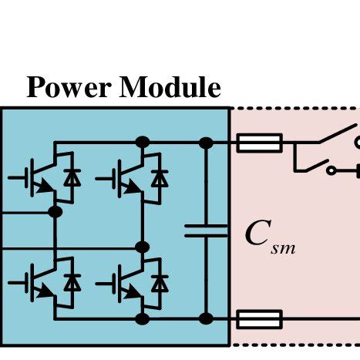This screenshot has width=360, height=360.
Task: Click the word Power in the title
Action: pyautogui.click(x=68, y=87)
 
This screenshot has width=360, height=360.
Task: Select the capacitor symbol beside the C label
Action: pyautogui.click(x=206, y=230)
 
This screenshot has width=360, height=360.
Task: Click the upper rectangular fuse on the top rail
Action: pyautogui.click(x=259, y=143)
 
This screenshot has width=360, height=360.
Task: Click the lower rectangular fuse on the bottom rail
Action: pyautogui.click(x=259, y=319)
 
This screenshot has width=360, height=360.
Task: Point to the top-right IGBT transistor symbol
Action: pyautogui.click(x=124, y=178)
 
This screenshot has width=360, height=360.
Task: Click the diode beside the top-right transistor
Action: pyautogui.click(x=160, y=178)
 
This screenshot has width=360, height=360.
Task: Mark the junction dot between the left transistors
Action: pyautogui.click(x=55, y=211)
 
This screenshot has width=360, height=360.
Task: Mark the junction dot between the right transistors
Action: pyautogui.click(x=142, y=247)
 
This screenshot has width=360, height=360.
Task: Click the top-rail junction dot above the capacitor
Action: pyautogui.click(x=206, y=143)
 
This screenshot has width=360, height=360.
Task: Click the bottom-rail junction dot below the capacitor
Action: pyautogui.click(x=206, y=319)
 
